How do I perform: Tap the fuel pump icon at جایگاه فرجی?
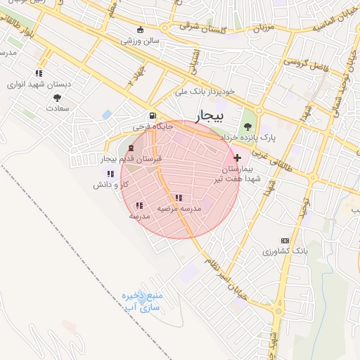pos(153,116)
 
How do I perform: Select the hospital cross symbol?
pos(237,157)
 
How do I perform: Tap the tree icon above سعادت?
pos(57,98)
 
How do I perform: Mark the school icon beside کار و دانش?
pos(110,173)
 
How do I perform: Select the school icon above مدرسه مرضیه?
pos(179,198)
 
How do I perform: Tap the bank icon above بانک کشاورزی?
pos(285,240)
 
